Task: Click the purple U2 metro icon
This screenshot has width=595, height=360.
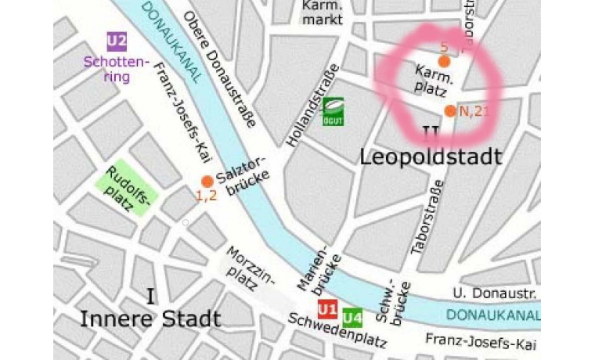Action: [x=117, y=41]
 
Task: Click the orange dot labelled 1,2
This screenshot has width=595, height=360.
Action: [x=207, y=182]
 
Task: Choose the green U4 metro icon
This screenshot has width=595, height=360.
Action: [x=352, y=317]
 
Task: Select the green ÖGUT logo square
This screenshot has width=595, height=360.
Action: [x=334, y=110]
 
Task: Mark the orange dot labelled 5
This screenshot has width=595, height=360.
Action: [x=444, y=61]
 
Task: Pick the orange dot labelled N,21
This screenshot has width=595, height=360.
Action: [x=450, y=111]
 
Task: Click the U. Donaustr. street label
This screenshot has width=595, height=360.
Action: [x=494, y=293]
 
